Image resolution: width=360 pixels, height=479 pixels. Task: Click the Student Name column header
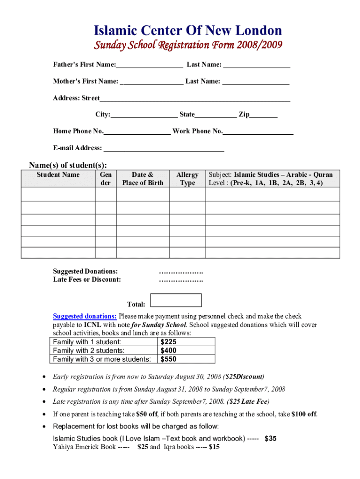pyautogui.click(x=58, y=175)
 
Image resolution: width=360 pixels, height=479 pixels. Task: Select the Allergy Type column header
pyautogui.click(x=187, y=179)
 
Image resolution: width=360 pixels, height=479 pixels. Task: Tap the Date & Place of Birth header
pyautogui.click(x=143, y=179)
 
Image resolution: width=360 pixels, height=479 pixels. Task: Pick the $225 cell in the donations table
pyautogui.click(x=168, y=342)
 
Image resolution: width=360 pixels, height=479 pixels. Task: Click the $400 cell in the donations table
pyautogui.click(x=168, y=350)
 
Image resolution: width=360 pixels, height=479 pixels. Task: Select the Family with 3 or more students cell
pyautogui.click(x=102, y=359)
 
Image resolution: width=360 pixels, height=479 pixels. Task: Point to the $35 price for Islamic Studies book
pyautogui.click(x=270, y=438)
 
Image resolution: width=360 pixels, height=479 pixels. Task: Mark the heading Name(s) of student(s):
pyautogui.click(x=68, y=165)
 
